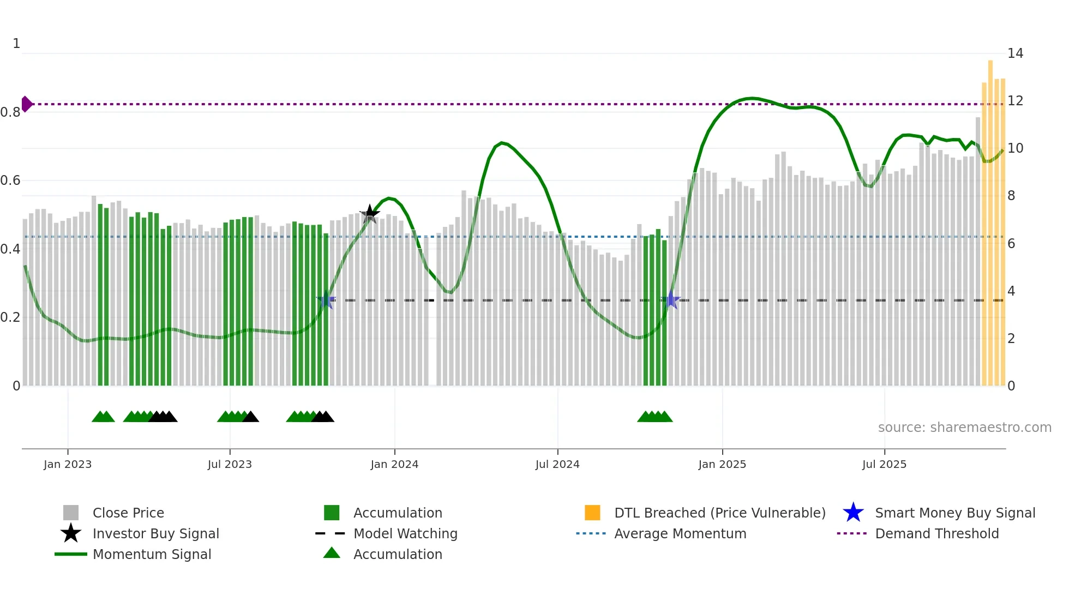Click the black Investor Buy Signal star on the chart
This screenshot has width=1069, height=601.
coord(370,214)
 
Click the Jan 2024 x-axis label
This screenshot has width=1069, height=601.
coord(394,465)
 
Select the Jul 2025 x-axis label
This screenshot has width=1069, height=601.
coord(884,465)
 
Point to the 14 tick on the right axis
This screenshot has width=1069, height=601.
coord(1015,53)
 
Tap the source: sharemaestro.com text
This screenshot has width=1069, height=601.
coord(964,428)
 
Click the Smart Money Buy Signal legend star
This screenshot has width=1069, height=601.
coord(853,513)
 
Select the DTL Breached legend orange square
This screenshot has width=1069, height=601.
coord(592,513)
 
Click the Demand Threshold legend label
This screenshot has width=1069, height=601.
coord(936,533)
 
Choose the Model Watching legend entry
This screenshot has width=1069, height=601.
coord(405,533)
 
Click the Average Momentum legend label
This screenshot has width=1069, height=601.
coord(680,533)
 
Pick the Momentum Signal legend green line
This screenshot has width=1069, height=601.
coord(71,554)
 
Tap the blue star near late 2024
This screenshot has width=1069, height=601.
coord(671,300)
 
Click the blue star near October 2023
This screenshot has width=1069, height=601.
coord(326,300)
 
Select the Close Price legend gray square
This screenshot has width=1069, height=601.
coord(71,513)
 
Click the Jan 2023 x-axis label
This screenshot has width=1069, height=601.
coord(68,465)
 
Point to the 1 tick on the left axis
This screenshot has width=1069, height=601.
coord(16,44)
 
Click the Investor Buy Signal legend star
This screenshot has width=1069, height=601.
coord(71,533)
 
